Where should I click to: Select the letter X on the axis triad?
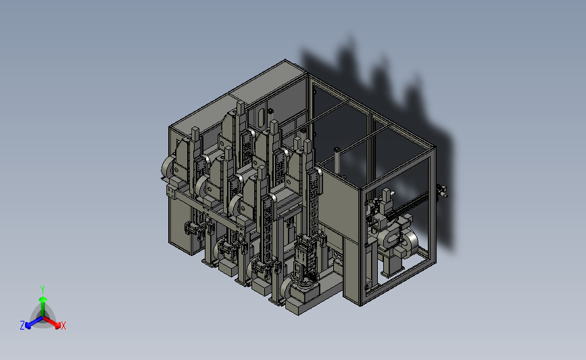(x=63, y=326)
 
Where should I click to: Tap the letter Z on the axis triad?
(x=22, y=326)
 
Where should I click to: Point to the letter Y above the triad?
(x=43, y=290)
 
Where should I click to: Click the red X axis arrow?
(x=52, y=322)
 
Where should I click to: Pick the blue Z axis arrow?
(x=34, y=322)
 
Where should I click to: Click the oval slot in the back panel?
(x=262, y=115)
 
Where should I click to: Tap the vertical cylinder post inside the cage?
(x=337, y=161)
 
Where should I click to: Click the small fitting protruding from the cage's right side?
(x=442, y=191)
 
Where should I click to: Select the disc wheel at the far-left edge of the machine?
(x=167, y=168)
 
